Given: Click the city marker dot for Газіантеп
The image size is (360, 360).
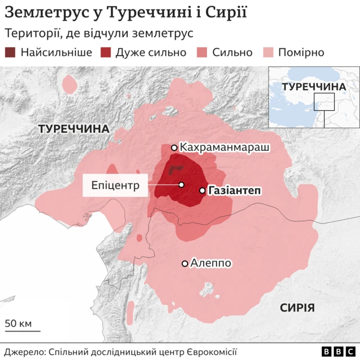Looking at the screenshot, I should tap(202, 191).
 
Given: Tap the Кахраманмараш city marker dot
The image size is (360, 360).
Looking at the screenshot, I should tap(174, 148).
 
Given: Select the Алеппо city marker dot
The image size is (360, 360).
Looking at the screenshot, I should tap(184, 263).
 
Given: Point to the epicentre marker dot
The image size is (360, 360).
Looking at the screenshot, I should tap(182, 184).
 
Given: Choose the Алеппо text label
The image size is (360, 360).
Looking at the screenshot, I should tap(211, 263).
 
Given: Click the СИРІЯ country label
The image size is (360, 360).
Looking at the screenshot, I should tap(297, 307).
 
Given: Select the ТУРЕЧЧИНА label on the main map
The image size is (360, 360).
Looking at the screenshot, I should tap(74, 129).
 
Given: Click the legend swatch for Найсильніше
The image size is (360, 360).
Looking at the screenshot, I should tap(11, 52).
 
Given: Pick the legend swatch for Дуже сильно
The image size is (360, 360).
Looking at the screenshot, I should tap(105, 52).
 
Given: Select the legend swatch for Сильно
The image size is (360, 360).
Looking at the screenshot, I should tap(202, 52).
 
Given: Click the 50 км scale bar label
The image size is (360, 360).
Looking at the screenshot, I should tap(19, 323).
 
